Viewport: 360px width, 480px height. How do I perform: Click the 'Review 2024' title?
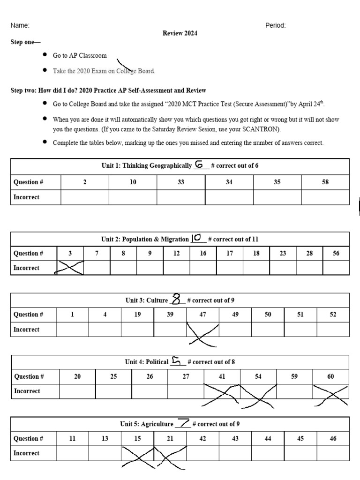(x=180, y=33)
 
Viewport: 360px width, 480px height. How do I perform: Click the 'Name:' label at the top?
(x=20, y=25)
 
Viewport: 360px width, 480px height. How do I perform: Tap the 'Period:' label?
(x=275, y=25)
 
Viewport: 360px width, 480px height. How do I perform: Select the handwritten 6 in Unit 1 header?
(x=200, y=165)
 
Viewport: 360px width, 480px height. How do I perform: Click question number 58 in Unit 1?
(x=325, y=182)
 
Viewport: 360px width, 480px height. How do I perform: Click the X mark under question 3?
(x=70, y=268)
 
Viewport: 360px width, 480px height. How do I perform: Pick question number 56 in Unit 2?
(x=336, y=253)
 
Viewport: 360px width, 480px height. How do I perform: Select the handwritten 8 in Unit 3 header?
(x=176, y=300)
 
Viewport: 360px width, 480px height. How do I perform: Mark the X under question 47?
(x=203, y=333)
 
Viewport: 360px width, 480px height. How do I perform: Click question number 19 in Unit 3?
(x=137, y=315)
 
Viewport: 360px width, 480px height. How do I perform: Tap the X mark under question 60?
(x=331, y=394)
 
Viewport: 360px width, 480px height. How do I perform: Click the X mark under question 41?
(x=221, y=394)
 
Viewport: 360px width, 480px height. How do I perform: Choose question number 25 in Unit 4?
(x=113, y=376)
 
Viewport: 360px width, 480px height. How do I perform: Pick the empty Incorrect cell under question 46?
(x=333, y=453)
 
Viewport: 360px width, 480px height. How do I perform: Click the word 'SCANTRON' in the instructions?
(x=264, y=129)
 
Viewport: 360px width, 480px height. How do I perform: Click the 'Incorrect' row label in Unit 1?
(x=26, y=197)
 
